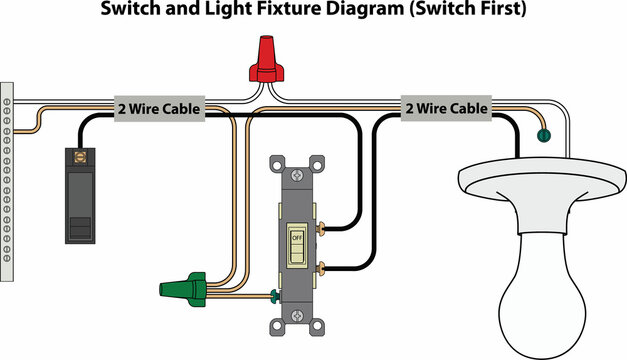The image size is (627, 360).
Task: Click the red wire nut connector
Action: tap(265, 60)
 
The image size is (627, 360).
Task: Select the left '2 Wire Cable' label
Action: tap(159, 109)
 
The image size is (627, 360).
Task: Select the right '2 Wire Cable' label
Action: tap(445, 108)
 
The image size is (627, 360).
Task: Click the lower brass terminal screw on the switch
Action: tap(322, 268)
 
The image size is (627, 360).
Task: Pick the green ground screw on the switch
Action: tap(273, 295)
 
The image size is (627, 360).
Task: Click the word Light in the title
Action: tap(227, 10)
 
